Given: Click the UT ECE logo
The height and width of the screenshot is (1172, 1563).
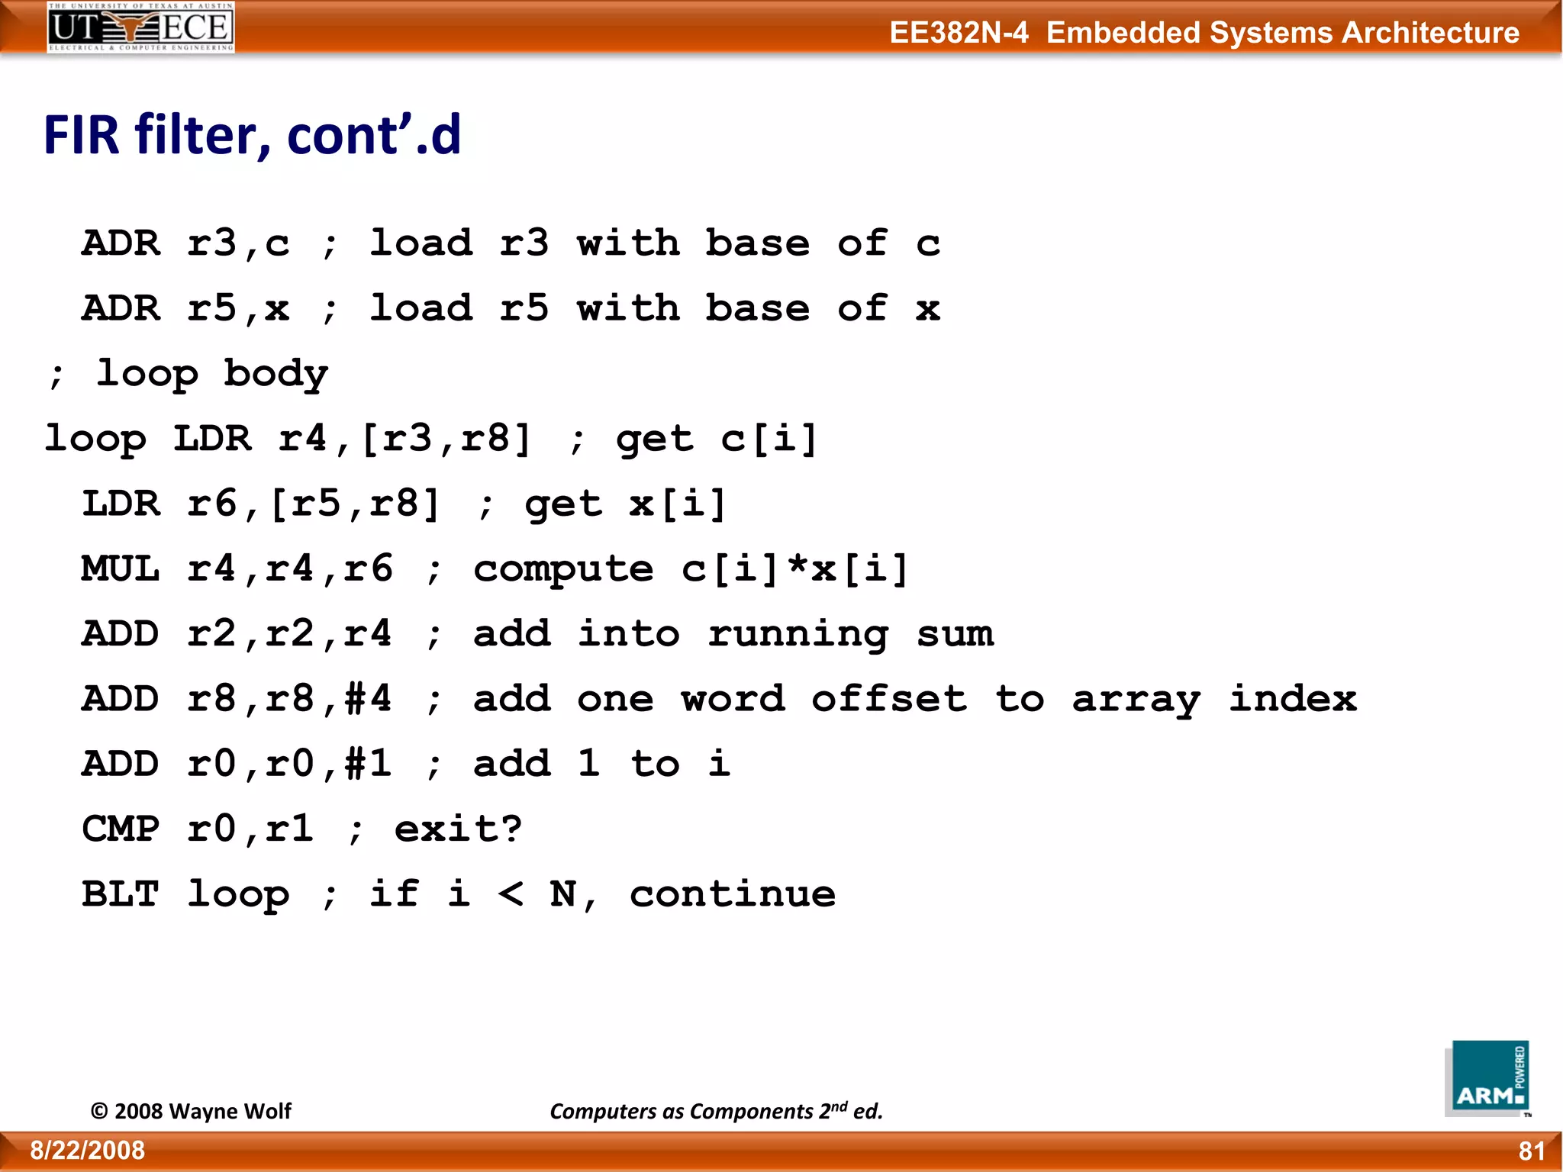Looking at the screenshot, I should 140,27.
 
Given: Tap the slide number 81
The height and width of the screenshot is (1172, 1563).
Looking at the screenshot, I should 1532,1151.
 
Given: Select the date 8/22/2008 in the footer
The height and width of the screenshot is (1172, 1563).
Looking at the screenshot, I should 87,1151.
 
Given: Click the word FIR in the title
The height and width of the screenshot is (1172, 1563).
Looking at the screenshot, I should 82,135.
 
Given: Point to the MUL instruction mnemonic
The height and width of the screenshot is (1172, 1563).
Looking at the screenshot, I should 121,569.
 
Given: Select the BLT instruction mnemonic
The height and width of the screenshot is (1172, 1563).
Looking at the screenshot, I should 121,894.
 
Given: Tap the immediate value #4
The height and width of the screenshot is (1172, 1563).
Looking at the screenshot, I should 368,699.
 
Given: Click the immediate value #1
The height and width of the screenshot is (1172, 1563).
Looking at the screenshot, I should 368,764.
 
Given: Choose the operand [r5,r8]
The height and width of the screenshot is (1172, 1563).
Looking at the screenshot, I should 355,504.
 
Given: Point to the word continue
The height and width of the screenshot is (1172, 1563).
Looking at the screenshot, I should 733,894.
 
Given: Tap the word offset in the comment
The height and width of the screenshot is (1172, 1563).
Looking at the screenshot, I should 889,699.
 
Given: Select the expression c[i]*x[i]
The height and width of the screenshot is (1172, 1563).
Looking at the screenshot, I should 794,569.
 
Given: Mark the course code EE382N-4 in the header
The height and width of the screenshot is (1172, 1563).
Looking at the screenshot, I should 959,33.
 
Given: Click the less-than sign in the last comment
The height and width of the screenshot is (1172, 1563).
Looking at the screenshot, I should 511,894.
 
